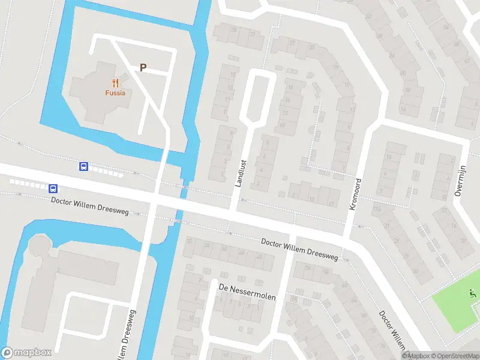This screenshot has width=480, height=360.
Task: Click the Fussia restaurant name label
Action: pos(115,93)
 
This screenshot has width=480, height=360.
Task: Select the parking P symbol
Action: pos(143,68)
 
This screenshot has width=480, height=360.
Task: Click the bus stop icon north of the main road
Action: pos(84,167)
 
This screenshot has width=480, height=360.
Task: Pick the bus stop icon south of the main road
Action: pos(53,188)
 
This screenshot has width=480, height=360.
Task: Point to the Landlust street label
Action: pos(241,173)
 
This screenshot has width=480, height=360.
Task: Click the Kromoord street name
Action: pos(355,193)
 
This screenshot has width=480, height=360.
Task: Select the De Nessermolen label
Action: pos(247,288)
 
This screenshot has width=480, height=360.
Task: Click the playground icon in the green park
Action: pos(472,293)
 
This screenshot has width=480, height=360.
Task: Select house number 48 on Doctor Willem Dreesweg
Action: pos(259,257)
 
